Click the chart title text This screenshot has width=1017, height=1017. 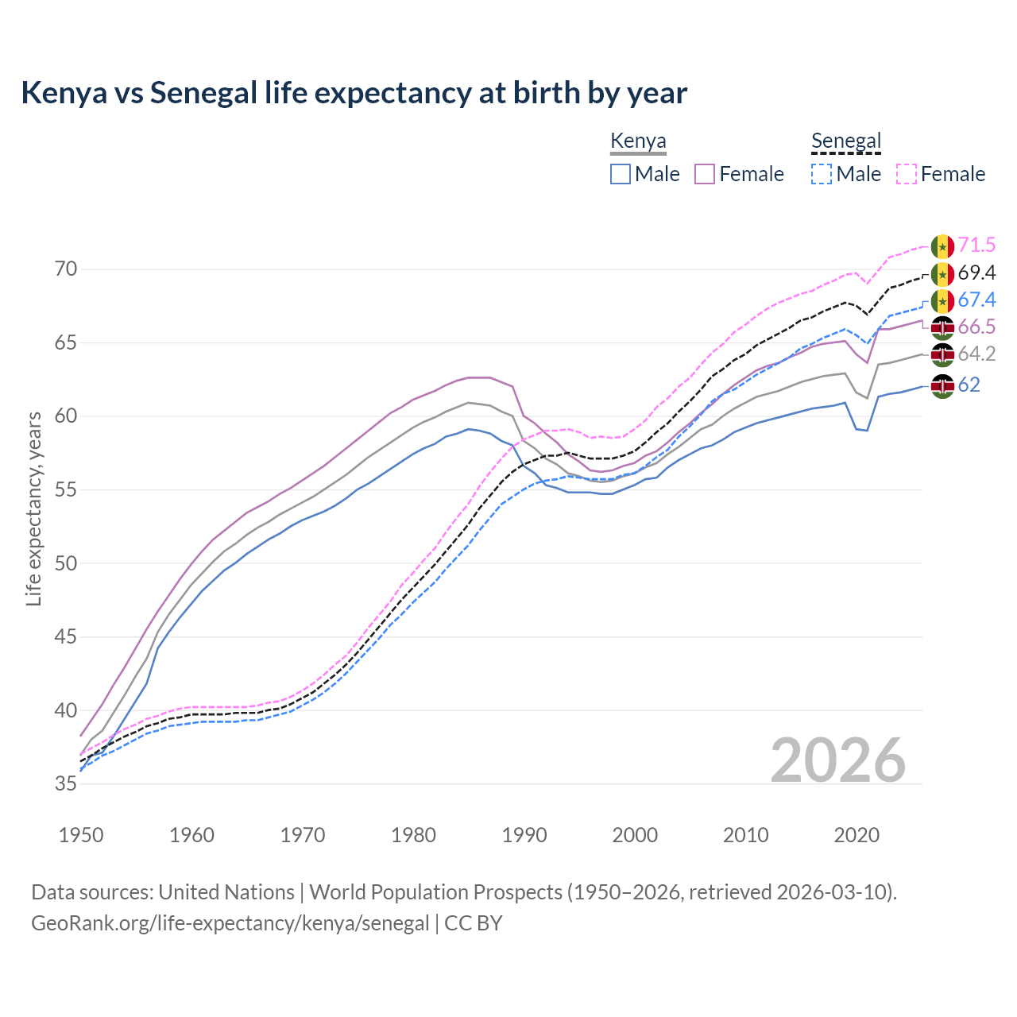pos(354,93)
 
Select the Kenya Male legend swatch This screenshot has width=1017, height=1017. pos(621,174)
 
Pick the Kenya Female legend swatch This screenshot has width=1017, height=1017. pos(705,174)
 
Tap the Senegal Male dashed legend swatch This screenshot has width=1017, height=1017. pos(822,174)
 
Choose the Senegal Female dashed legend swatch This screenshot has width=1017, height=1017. pos(906,174)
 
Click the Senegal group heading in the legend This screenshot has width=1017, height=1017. pos(846,141)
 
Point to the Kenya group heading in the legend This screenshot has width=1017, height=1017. pos(638,141)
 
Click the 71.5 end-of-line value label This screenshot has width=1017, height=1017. pos(976,246)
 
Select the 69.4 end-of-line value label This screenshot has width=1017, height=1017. pos(976,273)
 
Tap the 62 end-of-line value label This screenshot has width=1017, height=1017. pos(969,385)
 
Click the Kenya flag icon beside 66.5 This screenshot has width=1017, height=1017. pos(942,327)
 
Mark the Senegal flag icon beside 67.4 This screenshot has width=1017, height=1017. pos(942,300)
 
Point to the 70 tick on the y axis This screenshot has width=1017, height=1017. pos(67,269)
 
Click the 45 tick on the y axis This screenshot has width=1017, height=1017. pos(67,637)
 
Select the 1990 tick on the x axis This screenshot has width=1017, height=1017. pos(524,835)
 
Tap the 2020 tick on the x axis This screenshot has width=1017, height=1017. pos(857,835)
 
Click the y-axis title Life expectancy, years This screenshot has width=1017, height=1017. pos(33,508)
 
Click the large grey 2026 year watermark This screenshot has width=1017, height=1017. pos(838,760)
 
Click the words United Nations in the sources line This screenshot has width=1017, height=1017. pos(226,892)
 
